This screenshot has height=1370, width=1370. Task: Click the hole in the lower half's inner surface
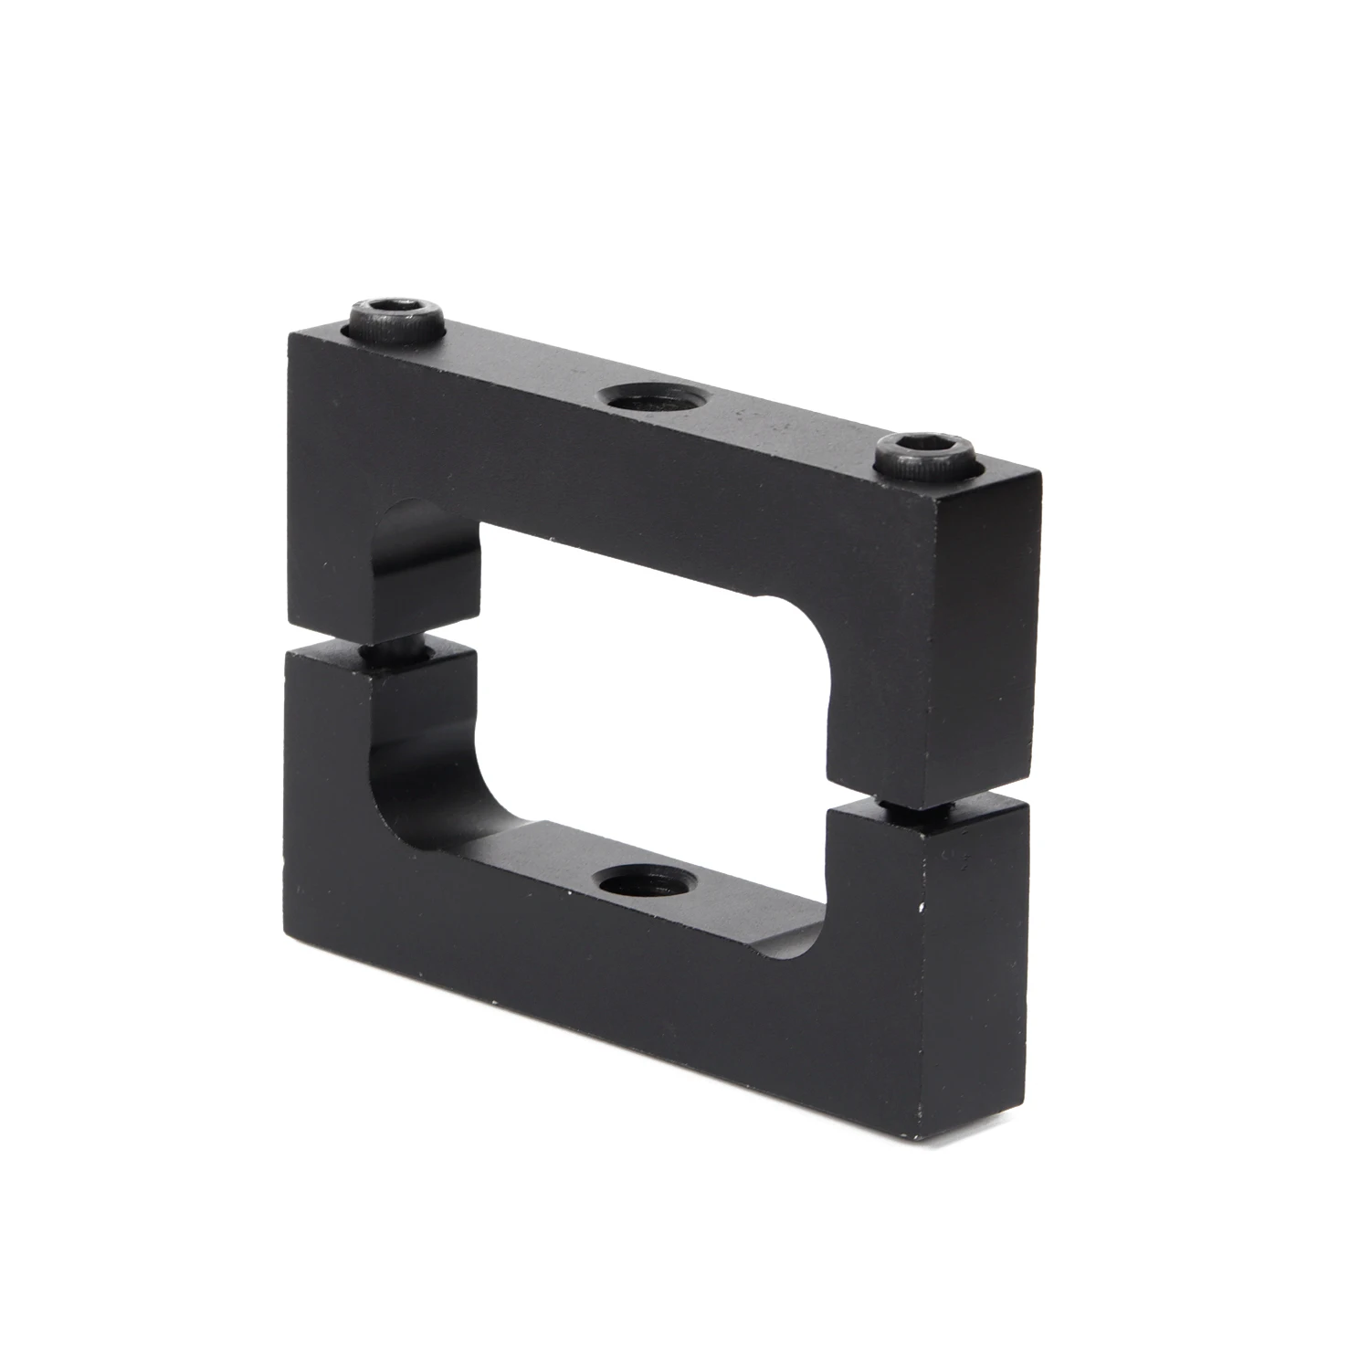[645, 883]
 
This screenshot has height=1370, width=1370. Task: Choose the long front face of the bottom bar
[639, 996]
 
